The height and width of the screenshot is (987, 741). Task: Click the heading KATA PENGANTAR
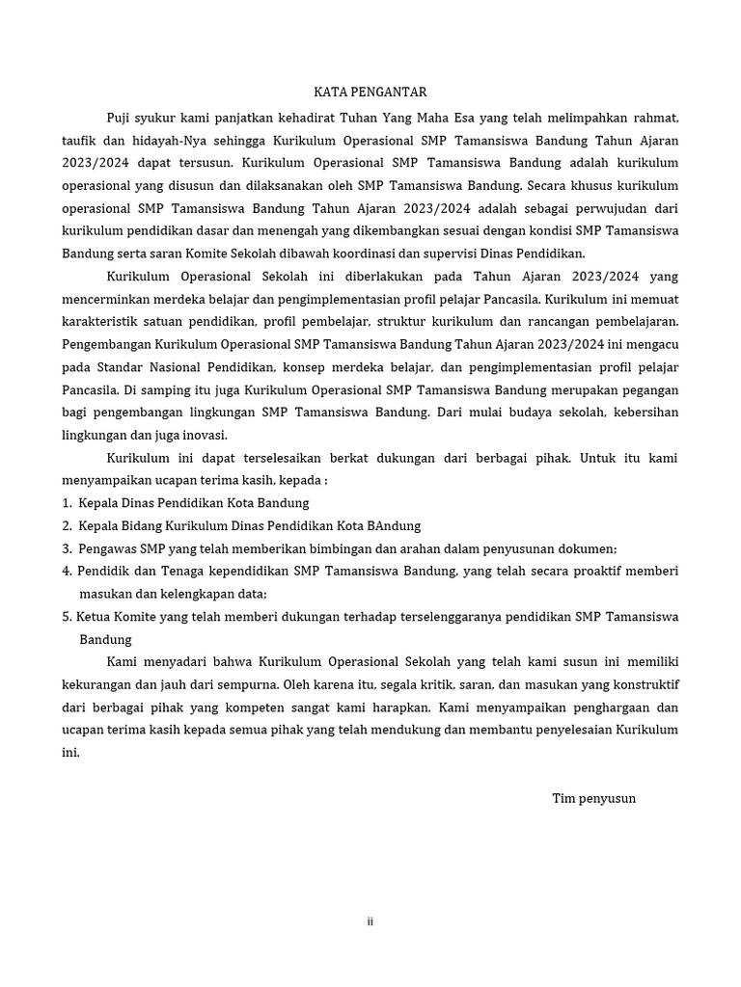point(370,93)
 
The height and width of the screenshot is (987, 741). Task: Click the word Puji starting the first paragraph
point(121,119)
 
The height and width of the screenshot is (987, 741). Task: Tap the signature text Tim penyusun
point(593,798)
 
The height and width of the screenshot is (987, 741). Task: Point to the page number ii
point(370,921)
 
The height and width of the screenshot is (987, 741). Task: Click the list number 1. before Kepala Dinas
point(67,503)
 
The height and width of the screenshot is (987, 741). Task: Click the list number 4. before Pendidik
point(67,572)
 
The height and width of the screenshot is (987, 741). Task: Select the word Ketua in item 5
point(96,617)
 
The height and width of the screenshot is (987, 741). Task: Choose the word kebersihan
point(645,413)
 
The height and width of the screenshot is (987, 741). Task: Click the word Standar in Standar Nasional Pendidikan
point(115,367)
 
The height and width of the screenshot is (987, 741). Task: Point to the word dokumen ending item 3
point(590,548)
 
